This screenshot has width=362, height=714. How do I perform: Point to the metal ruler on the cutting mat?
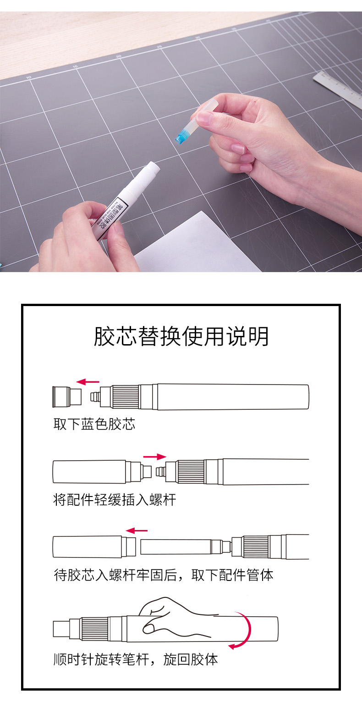[338, 89]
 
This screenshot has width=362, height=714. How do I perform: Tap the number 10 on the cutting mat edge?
[29, 78]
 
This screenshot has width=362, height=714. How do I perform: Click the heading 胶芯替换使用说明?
[181, 336]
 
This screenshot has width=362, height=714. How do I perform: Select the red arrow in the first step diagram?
[88, 381]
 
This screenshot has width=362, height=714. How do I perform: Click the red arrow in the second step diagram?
[155, 457]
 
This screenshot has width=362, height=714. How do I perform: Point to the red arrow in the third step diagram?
[137, 531]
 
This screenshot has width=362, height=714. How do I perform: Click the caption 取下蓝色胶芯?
[94, 424]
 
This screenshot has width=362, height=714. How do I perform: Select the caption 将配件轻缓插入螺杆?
[115, 500]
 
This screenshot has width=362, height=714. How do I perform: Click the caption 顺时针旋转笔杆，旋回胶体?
[136, 659]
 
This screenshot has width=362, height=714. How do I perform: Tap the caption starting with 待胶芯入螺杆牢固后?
[164, 575]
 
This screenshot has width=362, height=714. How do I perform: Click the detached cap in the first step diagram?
[67, 397]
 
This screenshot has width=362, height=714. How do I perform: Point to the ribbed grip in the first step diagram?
[126, 397]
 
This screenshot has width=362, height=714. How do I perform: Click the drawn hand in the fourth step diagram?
[175, 617]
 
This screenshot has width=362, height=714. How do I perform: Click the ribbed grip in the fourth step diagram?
[95, 629]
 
